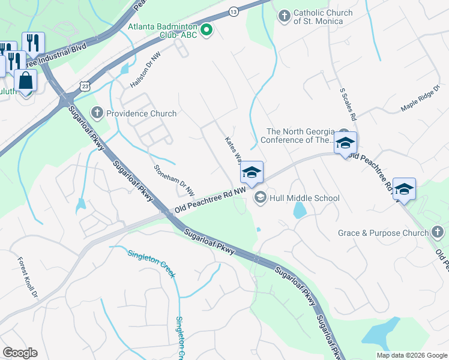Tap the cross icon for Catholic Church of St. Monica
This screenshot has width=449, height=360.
pos(285,13)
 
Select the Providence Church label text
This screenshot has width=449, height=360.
pos(141,113)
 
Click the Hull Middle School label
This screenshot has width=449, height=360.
pos(304,198)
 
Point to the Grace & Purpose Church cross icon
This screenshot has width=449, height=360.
pos(438,232)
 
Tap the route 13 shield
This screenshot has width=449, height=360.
pos(234,11)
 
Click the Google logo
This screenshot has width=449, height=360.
pos(20,353)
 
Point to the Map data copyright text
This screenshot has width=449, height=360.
pos(411,355)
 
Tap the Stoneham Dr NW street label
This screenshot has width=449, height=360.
pos(174,181)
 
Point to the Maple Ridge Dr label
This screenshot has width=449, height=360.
pos(420,98)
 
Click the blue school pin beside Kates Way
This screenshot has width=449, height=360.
pos(252,172)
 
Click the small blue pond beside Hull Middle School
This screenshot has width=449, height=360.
pos(299,210)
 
